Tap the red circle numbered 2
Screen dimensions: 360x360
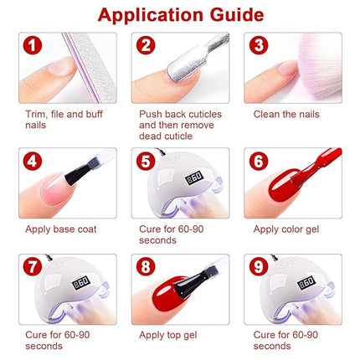click(147, 46)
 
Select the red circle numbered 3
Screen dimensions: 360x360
click(260, 46)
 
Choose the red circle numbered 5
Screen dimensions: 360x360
click(147, 162)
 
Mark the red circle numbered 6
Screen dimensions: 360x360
click(260, 162)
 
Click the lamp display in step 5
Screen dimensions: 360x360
click(195, 178)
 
